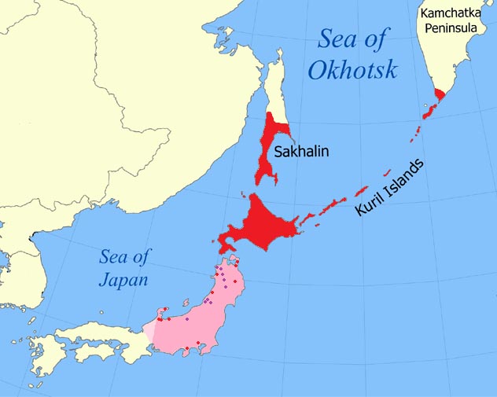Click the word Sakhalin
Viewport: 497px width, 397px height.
click(301, 151)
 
